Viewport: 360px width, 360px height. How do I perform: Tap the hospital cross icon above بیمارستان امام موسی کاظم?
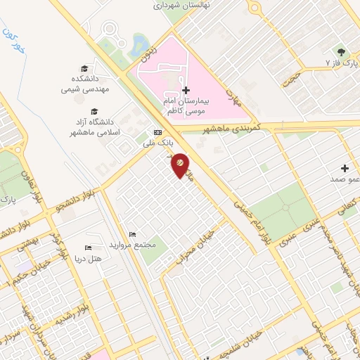pos(186,90)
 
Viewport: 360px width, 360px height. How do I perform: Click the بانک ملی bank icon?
pos(157,133)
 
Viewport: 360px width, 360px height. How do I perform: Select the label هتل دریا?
pos(89,258)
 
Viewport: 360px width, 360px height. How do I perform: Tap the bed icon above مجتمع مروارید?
pos(131,234)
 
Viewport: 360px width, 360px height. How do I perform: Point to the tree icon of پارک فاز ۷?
pos(342,52)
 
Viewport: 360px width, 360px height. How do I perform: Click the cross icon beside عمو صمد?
pos(345,168)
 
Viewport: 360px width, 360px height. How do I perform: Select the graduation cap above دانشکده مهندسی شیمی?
pos(84,68)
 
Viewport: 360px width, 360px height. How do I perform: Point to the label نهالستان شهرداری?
pos(177,4)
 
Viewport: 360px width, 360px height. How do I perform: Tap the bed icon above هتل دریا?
pos(88,248)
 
